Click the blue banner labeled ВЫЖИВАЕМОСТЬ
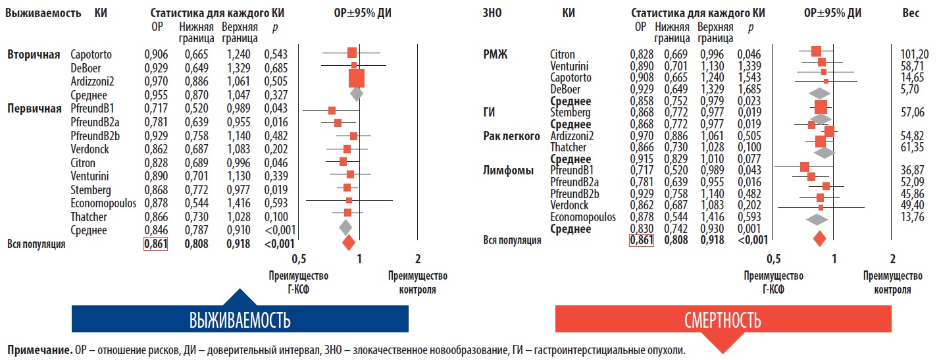(x=240, y=321)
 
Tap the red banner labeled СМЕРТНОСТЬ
(x=722, y=321)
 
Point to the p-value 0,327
(x=276, y=95)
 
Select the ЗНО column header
(x=494, y=13)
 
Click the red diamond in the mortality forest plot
(x=820, y=238)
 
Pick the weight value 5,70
(x=915, y=89)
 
